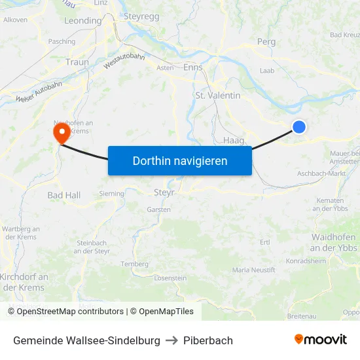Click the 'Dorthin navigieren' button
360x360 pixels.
click(x=180, y=160)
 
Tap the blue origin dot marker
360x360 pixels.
click(x=298, y=127)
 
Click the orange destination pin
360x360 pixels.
click(x=62, y=133)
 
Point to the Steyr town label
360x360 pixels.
click(x=164, y=192)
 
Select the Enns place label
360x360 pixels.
click(x=193, y=67)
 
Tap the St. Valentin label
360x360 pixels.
click(x=218, y=96)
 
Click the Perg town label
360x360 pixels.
click(x=266, y=41)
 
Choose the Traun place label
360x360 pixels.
click(x=77, y=62)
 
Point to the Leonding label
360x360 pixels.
click(x=82, y=21)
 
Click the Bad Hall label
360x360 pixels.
click(x=64, y=195)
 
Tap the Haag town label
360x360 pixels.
click(x=234, y=140)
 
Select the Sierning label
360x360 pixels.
click(x=111, y=194)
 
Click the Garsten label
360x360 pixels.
click(x=159, y=209)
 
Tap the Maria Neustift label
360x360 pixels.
click(x=253, y=270)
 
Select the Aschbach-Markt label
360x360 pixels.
click(x=321, y=173)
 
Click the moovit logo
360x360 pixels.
click(x=320, y=340)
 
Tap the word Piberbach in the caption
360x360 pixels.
click(x=208, y=340)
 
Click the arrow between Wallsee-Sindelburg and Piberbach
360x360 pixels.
click(x=172, y=340)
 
